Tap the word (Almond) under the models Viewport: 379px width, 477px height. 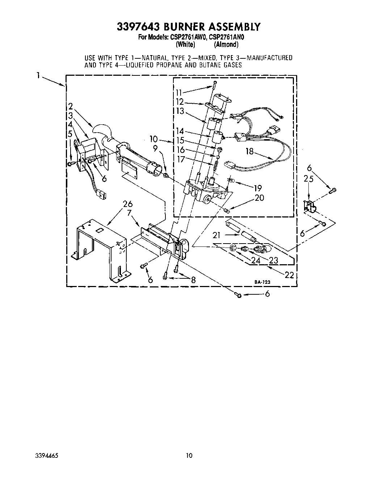pos(226,45)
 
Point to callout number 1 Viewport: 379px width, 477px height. pos(38,76)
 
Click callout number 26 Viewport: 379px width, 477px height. pos(128,204)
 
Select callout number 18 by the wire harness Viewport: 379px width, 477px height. pos(249,151)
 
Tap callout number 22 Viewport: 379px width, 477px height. pos(289,275)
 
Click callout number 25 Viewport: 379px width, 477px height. pos(308,179)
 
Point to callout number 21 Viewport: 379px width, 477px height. pos(216,236)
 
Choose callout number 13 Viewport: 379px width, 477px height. pos(180,111)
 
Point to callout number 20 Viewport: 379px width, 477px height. pos(259,198)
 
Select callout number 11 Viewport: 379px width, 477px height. pos(179,92)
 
